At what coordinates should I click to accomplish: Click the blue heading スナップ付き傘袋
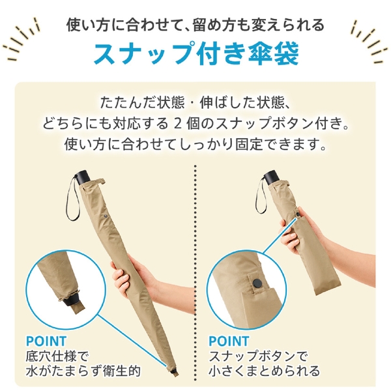(x=195, y=54)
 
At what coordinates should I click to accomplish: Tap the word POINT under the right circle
(x=228, y=341)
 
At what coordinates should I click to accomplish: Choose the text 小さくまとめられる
(x=264, y=371)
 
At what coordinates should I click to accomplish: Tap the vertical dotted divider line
(x=196, y=261)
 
